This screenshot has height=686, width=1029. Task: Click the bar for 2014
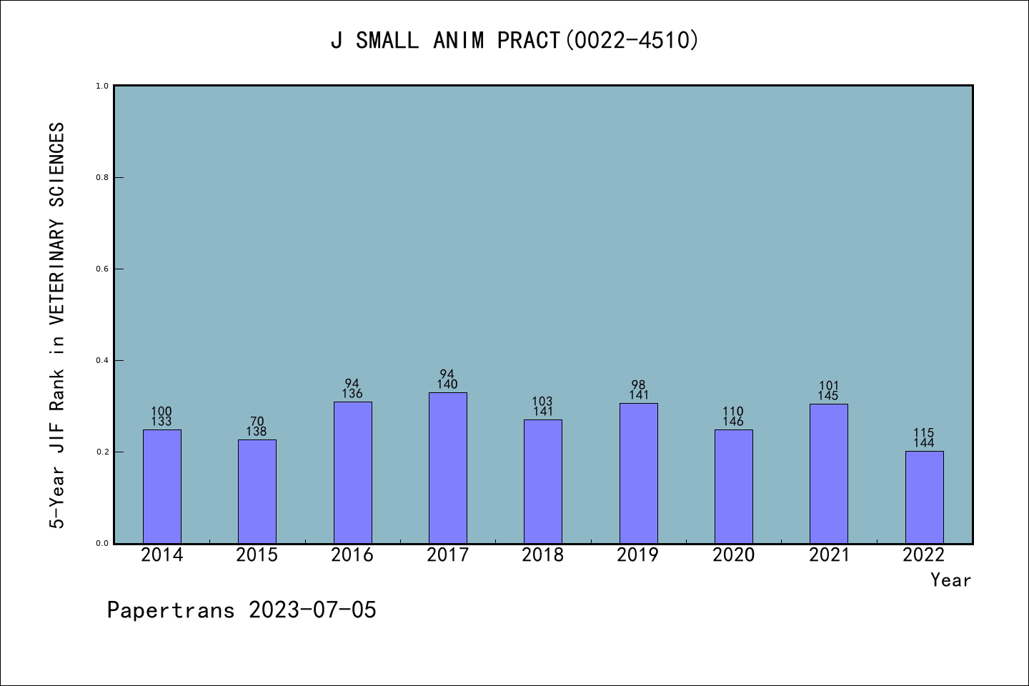point(162,486)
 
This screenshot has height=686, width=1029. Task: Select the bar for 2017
point(448,468)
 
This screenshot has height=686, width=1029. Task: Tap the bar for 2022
point(924,497)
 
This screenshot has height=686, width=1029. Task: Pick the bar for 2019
point(638,473)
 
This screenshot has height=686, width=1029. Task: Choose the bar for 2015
point(257,491)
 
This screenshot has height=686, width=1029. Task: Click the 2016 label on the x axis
point(352,555)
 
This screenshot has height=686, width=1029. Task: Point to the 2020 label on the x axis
point(733,555)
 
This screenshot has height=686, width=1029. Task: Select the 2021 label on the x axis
point(829,555)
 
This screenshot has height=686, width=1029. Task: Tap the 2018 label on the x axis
point(543,555)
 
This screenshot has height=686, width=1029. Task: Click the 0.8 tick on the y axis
point(102,177)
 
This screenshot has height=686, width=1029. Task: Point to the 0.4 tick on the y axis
point(102,360)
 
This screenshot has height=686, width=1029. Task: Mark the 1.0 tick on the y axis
point(102,86)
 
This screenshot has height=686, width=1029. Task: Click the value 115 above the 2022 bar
point(924,433)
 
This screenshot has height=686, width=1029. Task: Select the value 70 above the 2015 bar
point(257,422)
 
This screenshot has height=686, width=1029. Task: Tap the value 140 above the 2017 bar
point(447,384)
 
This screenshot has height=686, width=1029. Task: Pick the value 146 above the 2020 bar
point(733,422)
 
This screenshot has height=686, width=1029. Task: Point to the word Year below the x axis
point(950,580)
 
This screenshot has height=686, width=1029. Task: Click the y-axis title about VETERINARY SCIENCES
point(57,325)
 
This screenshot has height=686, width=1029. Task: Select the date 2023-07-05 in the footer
point(312,610)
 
